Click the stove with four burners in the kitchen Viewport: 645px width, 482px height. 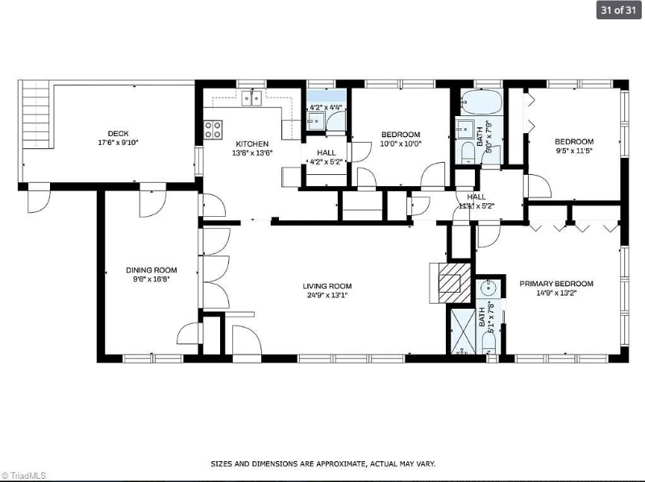(x=214, y=129)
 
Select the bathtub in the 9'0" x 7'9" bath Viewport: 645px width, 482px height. (x=481, y=104)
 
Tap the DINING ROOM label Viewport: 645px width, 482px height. (x=151, y=270)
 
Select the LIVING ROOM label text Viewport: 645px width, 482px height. (x=327, y=285)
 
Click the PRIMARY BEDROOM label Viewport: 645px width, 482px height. (x=556, y=284)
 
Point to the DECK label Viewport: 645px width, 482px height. (x=118, y=134)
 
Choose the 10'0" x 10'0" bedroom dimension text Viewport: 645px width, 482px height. (x=401, y=143)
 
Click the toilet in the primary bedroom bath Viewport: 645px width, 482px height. (x=488, y=342)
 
